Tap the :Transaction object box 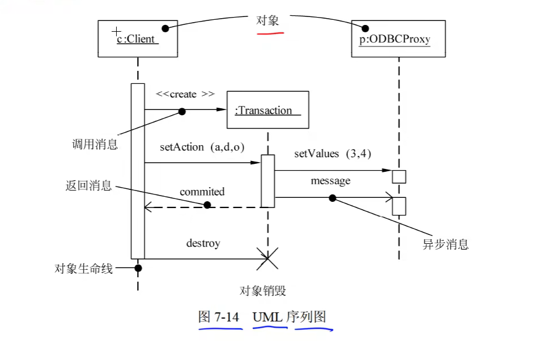coord(267,109)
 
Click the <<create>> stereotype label coord(185,94)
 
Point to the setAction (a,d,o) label coord(202,147)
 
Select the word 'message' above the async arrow coord(330,181)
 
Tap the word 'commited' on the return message coord(202,192)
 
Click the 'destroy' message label coord(203,243)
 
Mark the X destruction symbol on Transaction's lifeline coord(267,259)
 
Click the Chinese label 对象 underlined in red coord(267,21)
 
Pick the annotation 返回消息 coord(88,185)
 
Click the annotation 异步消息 coord(446,244)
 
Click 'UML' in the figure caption coord(267,317)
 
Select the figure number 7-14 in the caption coord(226,317)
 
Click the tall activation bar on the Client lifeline coord(138,170)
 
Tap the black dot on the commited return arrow coord(207,205)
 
